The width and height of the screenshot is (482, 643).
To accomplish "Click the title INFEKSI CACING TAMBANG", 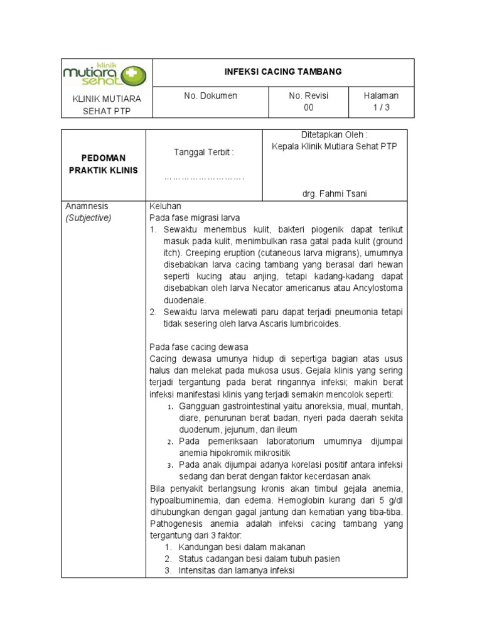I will (x=283, y=72).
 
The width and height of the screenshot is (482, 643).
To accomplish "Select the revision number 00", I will (x=309, y=107).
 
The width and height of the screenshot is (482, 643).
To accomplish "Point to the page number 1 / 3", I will (x=381, y=107).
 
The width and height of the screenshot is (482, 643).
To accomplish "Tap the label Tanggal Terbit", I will (x=203, y=152).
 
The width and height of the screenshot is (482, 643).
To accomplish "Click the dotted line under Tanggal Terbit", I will (x=203, y=178).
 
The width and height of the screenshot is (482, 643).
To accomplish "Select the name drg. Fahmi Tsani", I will (x=335, y=194).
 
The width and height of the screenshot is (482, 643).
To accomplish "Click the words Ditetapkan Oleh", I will (x=335, y=135).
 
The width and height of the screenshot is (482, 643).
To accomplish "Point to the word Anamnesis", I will (x=87, y=206).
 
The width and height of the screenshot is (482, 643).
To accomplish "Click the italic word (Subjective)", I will (x=88, y=218).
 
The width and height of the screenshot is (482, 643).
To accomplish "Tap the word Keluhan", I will (x=165, y=206).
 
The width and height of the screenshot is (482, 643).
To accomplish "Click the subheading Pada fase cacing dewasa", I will (x=199, y=347).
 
